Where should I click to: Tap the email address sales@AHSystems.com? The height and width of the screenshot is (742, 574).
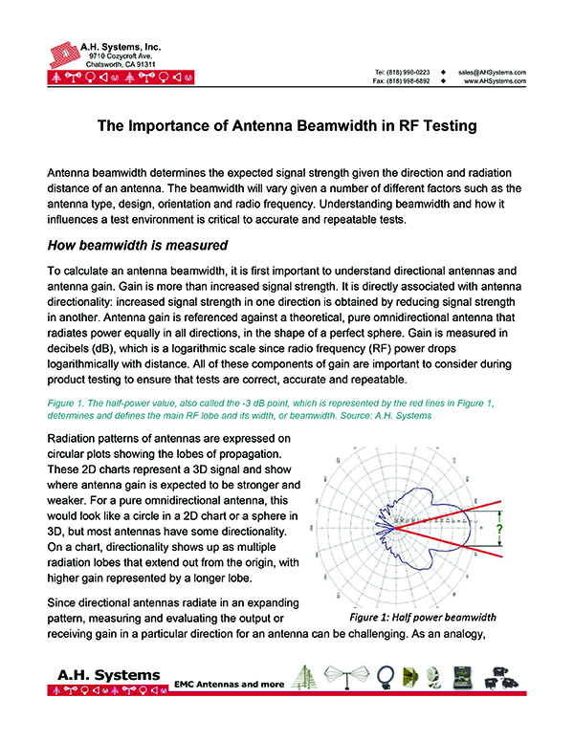tap(493, 73)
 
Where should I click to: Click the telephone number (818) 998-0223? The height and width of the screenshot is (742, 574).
tap(409, 73)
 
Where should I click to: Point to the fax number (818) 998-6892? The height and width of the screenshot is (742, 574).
tap(409, 81)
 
